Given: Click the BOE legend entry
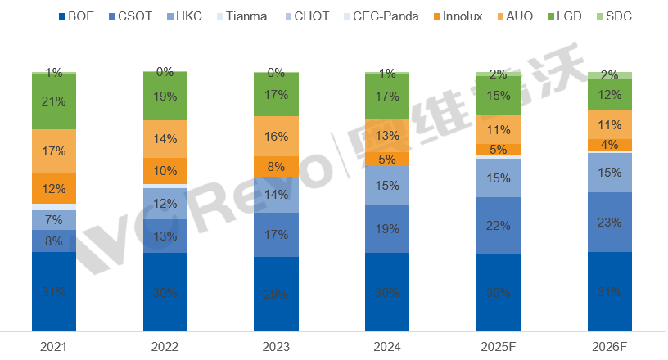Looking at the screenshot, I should (x=79, y=15).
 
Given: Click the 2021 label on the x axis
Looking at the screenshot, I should (x=54, y=348).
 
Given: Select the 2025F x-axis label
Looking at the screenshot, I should (x=499, y=348).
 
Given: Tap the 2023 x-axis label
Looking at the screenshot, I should (x=276, y=348).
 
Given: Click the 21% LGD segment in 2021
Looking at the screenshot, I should (x=54, y=101).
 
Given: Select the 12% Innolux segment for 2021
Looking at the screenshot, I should (x=54, y=189).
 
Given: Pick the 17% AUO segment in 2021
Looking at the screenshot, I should (x=54, y=151).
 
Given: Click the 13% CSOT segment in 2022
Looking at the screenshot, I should (x=165, y=236).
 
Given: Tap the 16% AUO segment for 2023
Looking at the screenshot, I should (x=276, y=136).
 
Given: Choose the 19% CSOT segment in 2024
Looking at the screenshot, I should (x=387, y=229).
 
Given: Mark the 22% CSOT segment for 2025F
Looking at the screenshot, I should (x=499, y=225).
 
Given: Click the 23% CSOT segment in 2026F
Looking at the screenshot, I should (x=609, y=222).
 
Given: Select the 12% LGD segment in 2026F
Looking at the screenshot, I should (x=609, y=95).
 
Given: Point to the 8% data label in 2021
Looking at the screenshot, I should (x=54, y=241).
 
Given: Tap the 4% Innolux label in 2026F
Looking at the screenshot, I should (x=609, y=145).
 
